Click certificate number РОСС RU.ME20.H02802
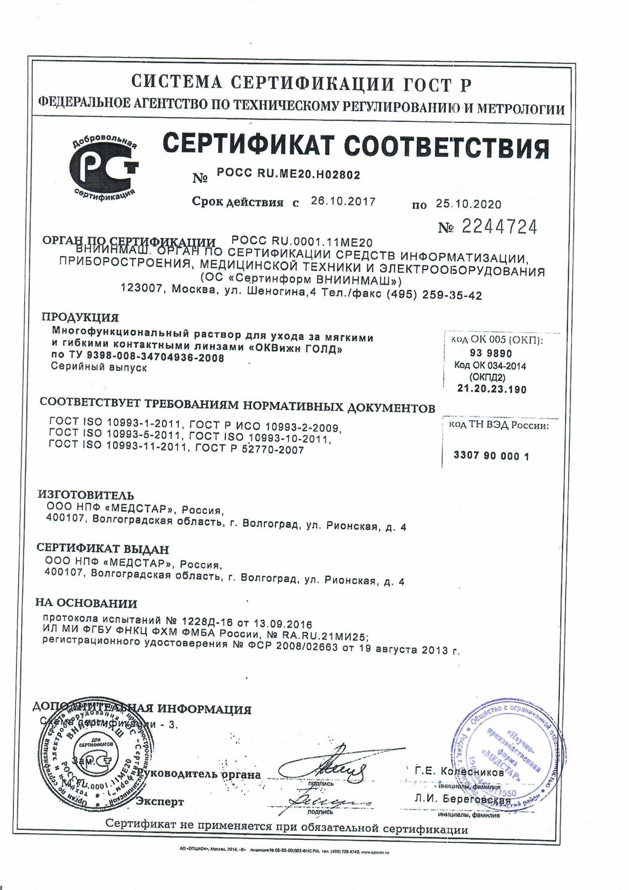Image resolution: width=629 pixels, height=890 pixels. tap(288, 175)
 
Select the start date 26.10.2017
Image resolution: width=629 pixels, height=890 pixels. tap(343, 201)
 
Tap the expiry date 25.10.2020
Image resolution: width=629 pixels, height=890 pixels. tap(468, 204)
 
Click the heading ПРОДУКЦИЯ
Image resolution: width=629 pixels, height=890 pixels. tap(80, 317)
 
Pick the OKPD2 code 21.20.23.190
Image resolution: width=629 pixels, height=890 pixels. tap(492, 389)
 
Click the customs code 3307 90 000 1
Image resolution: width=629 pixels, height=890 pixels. tap(491, 456)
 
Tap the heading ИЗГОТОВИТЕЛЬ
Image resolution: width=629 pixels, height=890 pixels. tap(85, 495)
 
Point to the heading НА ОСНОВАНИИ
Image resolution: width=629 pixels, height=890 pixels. tap(86, 603)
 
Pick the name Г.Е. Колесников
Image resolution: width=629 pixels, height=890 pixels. tap(459, 773)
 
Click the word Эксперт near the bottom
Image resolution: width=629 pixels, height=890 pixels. tap(160, 802)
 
